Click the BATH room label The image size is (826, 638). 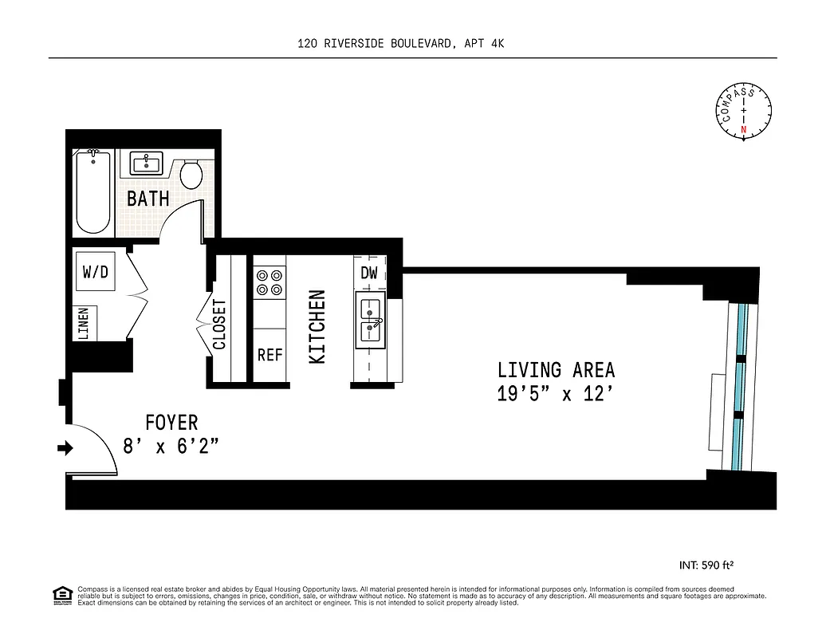click(x=148, y=198)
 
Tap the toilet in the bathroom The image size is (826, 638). click(x=191, y=174)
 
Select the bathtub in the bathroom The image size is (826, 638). click(x=93, y=192)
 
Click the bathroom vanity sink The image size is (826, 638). click(x=147, y=164)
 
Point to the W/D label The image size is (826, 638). click(x=95, y=272)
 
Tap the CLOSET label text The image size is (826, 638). click(x=219, y=325)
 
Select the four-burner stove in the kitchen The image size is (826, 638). click(x=269, y=281)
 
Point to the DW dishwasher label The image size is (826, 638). click(x=368, y=273)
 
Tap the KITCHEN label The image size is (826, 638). click(x=317, y=327)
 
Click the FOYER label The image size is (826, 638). click(x=171, y=422)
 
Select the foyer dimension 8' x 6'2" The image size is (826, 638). click(x=171, y=446)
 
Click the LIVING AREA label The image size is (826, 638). click(x=556, y=370)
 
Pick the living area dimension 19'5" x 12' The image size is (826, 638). click(x=556, y=394)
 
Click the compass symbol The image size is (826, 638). click(x=743, y=112)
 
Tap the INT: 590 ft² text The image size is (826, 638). click(x=706, y=565)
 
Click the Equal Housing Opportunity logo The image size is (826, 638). click(x=61, y=595)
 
